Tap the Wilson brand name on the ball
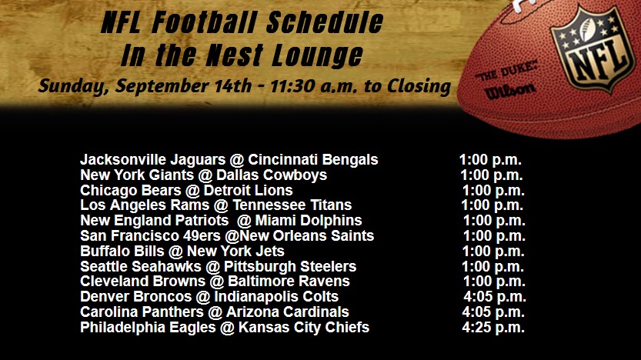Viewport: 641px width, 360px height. (509, 90)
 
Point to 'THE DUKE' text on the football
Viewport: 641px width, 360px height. (506, 71)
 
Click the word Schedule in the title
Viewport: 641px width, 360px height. (325, 22)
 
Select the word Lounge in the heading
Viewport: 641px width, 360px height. (317, 55)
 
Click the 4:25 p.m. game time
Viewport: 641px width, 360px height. (493, 328)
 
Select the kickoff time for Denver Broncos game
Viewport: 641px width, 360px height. (495, 297)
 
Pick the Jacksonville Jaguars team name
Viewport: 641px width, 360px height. (153, 160)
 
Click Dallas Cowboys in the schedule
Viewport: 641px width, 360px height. (272, 175)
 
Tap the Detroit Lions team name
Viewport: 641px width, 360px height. (248, 191)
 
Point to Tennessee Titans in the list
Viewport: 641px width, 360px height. (292, 205)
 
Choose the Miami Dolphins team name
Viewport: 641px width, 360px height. (309, 221)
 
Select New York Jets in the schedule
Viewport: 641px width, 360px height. (235, 252)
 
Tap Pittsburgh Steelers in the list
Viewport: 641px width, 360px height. (290, 266)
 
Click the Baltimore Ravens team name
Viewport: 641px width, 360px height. (289, 282)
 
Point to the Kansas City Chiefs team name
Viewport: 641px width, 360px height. (304, 328)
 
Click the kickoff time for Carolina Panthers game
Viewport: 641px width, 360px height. (493, 312)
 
